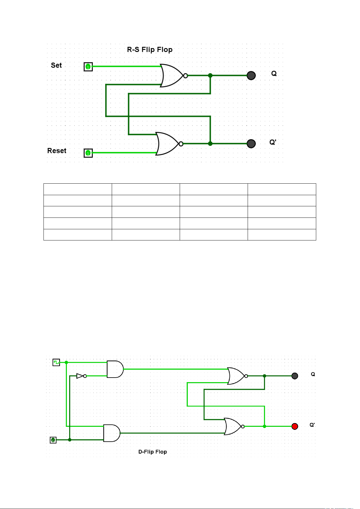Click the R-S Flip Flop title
click(x=150, y=50)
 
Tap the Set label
click(x=56, y=65)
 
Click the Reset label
click(x=56, y=151)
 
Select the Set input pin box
click(x=88, y=67)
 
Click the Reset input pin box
click(x=88, y=153)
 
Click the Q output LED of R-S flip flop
click(x=251, y=76)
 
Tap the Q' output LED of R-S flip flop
click(x=251, y=143)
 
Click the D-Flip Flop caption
click(x=153, y=452)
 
